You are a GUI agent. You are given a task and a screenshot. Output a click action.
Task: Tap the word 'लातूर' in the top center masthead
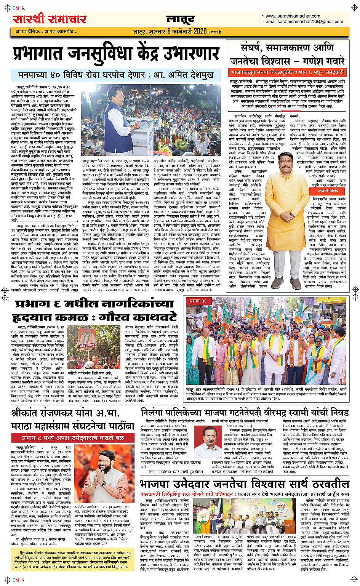tap(181, 19)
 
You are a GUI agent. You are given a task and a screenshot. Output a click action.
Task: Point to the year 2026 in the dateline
tap(200, 31)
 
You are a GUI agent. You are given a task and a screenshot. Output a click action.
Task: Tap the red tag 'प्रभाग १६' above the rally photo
tap(198, 301)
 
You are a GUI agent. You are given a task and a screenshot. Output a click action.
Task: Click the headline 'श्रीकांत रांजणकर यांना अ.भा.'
tap(67, 413)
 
